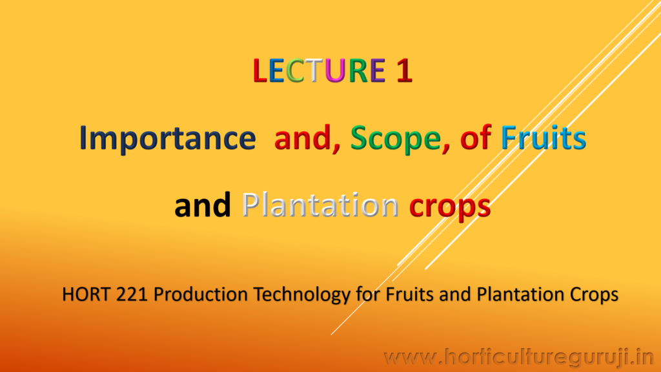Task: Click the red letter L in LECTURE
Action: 260,70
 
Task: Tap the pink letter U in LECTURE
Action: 335,70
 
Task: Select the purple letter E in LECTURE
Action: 378,70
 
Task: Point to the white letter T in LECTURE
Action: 314,70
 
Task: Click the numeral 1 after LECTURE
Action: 404,70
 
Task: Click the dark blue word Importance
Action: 167,138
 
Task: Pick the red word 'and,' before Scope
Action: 307,139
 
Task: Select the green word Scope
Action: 400,139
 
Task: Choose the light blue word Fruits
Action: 544,138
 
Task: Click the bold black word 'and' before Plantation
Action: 203,205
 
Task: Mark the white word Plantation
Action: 320,205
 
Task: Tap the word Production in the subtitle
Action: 200,294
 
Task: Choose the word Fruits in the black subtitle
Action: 409,294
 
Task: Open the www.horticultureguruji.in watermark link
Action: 519,358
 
